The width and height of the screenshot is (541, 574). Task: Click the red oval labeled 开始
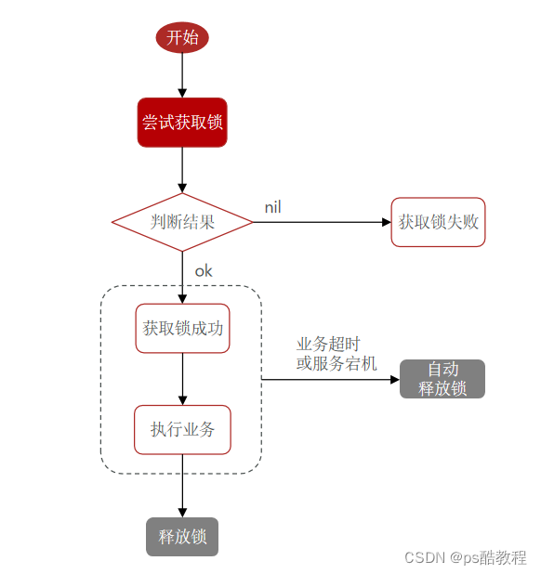point(182,37)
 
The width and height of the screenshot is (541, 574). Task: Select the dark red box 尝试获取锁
point(182,123)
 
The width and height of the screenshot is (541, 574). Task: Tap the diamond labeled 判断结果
point(182,222)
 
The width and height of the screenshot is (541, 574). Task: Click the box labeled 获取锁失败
point(438,222)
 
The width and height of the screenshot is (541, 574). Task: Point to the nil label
point(272,206)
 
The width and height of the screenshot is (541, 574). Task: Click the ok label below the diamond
point(204,271)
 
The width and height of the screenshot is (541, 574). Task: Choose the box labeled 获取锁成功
point(182,328)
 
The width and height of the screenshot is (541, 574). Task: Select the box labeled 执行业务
point(182,429)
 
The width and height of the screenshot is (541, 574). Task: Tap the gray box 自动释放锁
point(442,379)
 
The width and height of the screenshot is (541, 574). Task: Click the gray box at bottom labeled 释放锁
point(182,537)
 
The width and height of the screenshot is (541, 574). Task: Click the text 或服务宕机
point(336,363)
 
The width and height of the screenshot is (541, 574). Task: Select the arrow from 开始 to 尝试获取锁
point(182,76)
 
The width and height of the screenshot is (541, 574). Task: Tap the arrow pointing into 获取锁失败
point(321,222)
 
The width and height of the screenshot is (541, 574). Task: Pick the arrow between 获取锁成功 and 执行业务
point(182,379)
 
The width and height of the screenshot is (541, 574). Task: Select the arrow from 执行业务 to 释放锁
point(182,488)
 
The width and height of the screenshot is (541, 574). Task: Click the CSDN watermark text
point(466,557)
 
